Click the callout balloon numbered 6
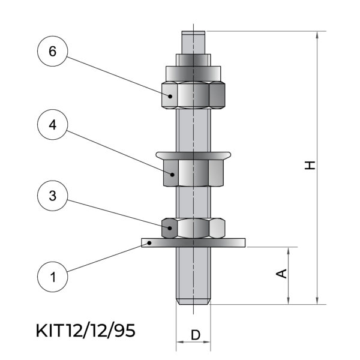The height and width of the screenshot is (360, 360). click(x=53, y=51)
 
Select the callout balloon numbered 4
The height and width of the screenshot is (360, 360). click(x=53, y=125)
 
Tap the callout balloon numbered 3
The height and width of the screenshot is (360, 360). click(x=53, y=196)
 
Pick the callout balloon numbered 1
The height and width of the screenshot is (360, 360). click(x=53, y=277)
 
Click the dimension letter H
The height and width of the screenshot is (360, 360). click(x=310, y=166)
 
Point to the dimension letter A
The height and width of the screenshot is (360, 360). click(x=281, y=274)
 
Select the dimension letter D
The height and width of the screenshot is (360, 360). click(x=196, y=335)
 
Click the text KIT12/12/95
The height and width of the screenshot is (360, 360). click(x=86, y=331)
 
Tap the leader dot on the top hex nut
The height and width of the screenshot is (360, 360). click(x=170, y=96)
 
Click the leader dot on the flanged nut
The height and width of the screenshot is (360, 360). click(x=172, y=175)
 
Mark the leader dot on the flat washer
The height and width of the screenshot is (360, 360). click(x=149, y=242)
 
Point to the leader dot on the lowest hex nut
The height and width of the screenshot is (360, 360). click(x=170, y=228)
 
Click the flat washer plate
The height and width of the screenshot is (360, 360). click(x=193, y=242)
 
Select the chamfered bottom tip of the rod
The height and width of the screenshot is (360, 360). click(x=193, y=302)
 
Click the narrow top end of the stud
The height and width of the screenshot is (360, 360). click(x=193, y=43)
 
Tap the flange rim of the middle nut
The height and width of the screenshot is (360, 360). click(x=193, y=155)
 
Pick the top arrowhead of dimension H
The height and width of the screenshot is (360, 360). click(x=317, y=35)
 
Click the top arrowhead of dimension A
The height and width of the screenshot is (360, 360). click(x=289, y=251)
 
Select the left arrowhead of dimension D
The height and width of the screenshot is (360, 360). click(x=180, y=342)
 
